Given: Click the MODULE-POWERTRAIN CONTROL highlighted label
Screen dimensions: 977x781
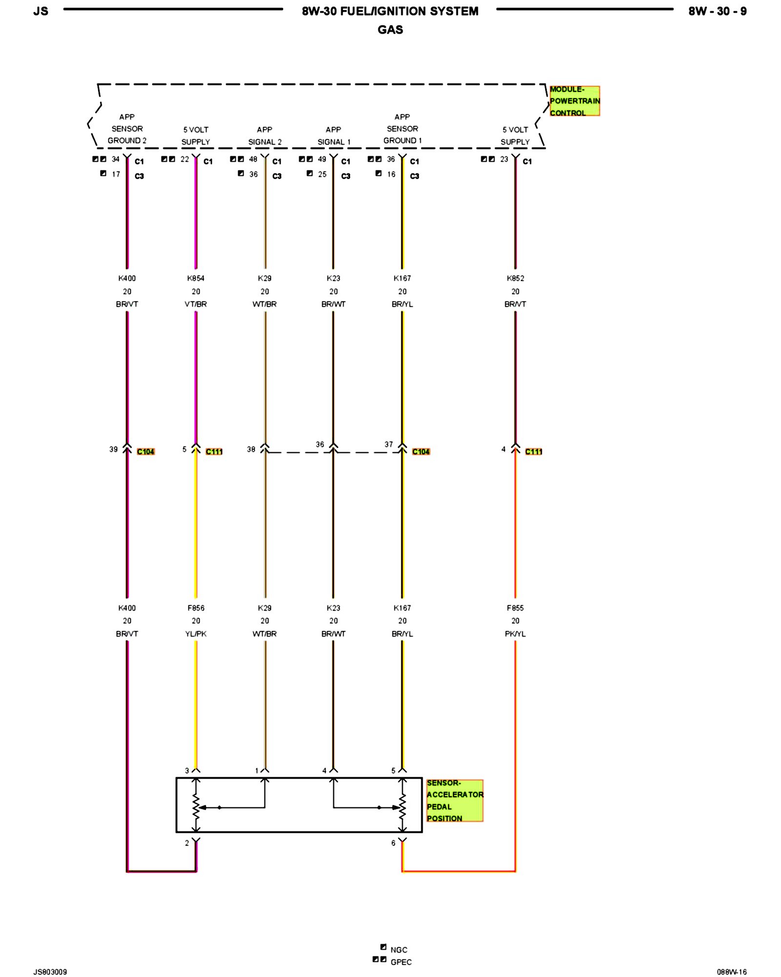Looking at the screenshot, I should point(574,101).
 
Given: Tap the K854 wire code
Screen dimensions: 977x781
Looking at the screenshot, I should point(196,278).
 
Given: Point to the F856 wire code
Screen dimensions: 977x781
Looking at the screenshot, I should point(196,608).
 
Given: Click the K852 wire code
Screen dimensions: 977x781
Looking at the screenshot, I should point(515,278).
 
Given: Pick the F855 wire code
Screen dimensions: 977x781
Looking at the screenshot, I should point(515,608).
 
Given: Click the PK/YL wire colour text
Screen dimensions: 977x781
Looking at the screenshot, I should point(515,634).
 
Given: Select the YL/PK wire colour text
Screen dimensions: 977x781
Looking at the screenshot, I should point(196,634).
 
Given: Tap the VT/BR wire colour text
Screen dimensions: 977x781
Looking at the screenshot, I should point(196,304).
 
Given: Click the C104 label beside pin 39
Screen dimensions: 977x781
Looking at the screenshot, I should point(145,452).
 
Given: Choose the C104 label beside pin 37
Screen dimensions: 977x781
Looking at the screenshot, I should point(421,452).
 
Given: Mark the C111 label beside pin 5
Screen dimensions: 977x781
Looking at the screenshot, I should point(214,452).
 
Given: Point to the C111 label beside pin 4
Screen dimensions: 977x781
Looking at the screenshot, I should point(534,452).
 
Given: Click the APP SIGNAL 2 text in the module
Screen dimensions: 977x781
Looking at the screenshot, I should point(265,136).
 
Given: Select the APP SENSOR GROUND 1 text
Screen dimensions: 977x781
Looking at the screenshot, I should point(402,129).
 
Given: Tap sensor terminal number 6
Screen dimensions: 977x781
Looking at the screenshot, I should point(393,843).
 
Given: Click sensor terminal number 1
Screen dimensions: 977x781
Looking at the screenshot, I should point(257,771).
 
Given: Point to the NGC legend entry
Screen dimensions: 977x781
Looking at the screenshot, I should point(398,950).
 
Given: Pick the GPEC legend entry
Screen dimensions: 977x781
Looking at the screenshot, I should point(401,962).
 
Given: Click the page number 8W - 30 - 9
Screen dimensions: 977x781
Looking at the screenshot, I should point(717,11).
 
